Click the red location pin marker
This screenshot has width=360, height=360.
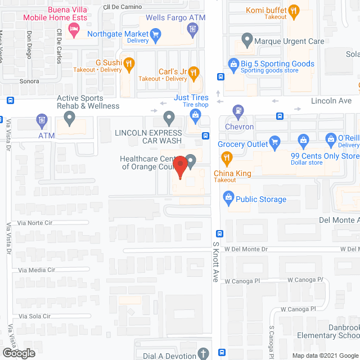pos(180,167)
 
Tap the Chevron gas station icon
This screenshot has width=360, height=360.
pos(240,112)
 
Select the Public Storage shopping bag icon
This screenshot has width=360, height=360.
pos(228,197)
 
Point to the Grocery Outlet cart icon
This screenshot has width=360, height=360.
pos(274,141)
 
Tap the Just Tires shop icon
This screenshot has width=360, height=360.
pos(196,116)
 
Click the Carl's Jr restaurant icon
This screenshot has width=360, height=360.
pos(193,71)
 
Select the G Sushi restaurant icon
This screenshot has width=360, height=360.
pos(129,64)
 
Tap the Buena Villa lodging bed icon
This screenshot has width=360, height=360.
pos(73,30)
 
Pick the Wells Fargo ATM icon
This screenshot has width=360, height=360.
pos(193,29)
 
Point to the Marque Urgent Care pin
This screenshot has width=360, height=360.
pos(247,40)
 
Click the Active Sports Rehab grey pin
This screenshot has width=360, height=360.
pos(70,118)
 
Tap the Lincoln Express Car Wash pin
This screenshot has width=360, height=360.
pos(168,118)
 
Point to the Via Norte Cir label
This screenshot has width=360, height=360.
pos(35,223)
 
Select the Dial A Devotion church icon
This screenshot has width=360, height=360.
pos(204,354)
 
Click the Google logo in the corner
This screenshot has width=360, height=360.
pos(19,353)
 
